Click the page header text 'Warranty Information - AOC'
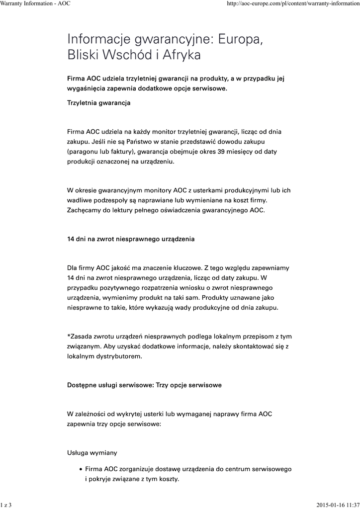pos(35,3)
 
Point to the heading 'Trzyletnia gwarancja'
pos(98,103)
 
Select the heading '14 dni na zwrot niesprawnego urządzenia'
pos(131,239)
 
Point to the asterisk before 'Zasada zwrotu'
pos(69,336)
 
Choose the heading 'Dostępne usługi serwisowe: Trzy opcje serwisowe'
pos(144,385)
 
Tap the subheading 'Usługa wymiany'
pos(92,453)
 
